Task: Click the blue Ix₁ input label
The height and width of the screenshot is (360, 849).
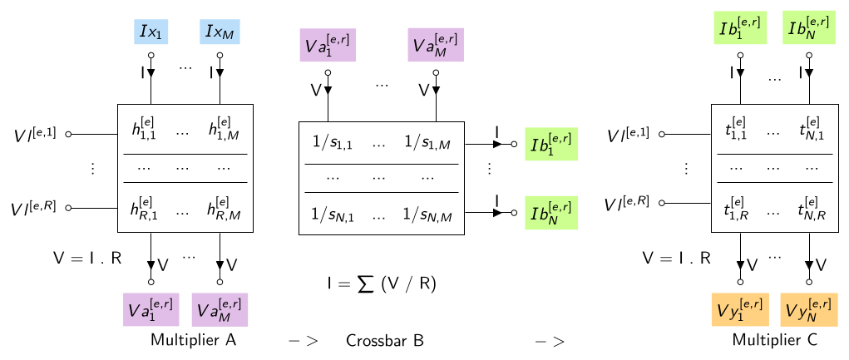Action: [151, 32]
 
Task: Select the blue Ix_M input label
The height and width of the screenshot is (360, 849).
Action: [220, 32]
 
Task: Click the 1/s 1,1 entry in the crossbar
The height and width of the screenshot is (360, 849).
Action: [333, 143]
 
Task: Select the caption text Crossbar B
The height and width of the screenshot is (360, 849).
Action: [384, 341]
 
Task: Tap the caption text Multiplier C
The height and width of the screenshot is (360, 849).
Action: [775, 340]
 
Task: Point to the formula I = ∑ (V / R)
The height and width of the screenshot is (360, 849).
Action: [381, 284]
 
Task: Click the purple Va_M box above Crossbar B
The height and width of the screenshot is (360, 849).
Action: [436, 44]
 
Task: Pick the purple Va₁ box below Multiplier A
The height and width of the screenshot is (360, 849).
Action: [151, 309]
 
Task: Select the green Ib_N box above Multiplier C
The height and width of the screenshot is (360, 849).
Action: [809, 27]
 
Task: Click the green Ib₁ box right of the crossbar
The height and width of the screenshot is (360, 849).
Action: [551, 144]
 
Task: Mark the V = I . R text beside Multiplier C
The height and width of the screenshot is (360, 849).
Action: [676, 259]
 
